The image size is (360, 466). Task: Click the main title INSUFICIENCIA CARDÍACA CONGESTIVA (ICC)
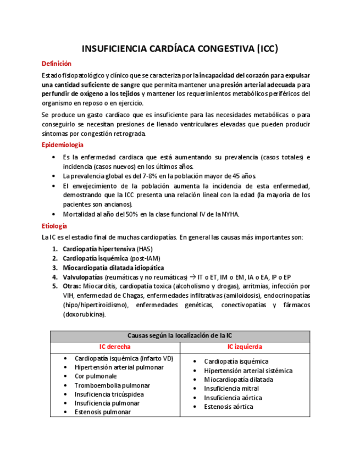(x=180, y=49)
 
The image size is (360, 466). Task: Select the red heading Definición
(x=57, y=64)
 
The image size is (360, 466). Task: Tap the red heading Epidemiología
(x=63, y=145)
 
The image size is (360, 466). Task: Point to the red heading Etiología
(x=54, y=226)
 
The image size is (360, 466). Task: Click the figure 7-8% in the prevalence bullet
(x=142, y=176)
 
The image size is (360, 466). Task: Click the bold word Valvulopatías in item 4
(x=82, y=277)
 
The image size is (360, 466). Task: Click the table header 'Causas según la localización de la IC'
(x=180, y=335)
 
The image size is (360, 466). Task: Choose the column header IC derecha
(x=114, y=347)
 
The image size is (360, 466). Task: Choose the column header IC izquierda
(x=245, y=347)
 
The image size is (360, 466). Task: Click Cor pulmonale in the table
(x=96, y=376)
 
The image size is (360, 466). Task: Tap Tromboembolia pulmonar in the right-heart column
(x=112, y=385)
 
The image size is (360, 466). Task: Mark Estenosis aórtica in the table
(x=229, y=407)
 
